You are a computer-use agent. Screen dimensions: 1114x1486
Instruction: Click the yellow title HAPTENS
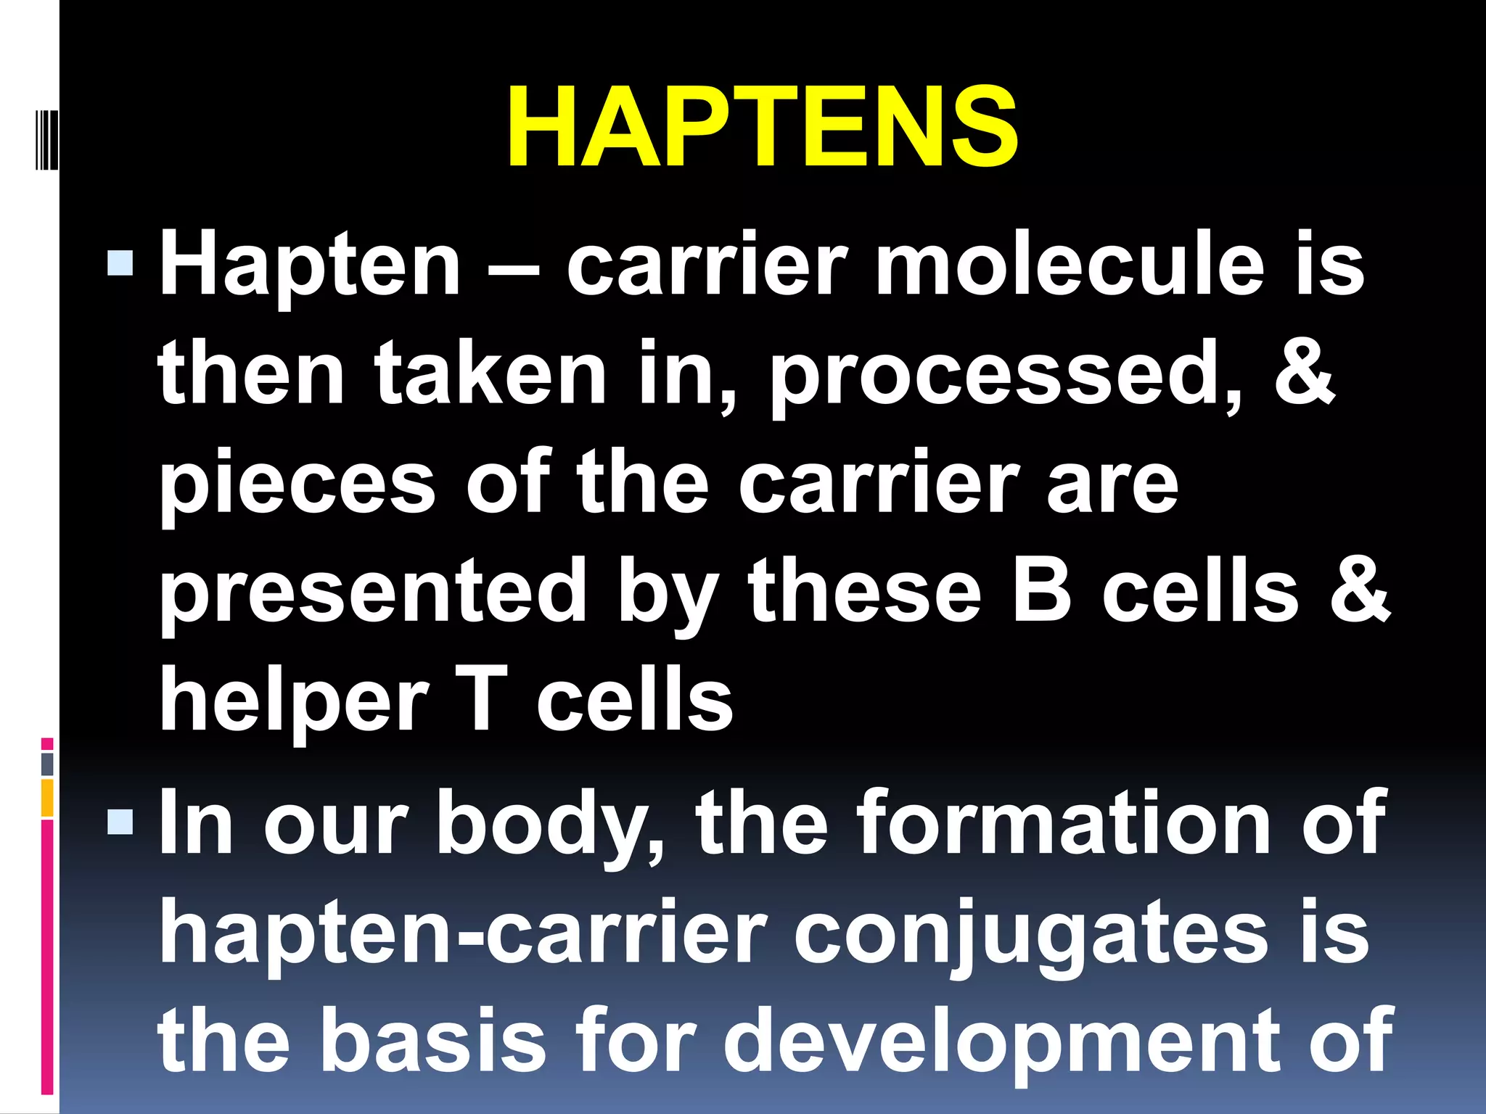point(762,127)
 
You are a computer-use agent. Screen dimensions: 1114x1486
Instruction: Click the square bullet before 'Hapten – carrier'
point(120,264)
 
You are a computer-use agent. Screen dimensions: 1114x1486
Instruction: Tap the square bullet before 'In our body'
point(120,822)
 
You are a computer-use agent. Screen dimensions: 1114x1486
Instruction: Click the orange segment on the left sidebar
point(47,798)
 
